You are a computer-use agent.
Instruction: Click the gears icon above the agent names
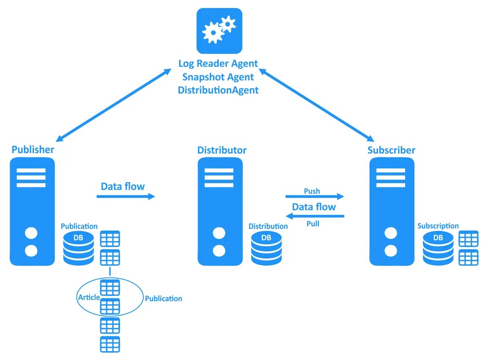(219, 31)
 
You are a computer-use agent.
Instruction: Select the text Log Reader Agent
(218, 64)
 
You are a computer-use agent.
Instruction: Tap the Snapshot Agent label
(218, 77)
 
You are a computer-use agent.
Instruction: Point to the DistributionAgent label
(218, 90)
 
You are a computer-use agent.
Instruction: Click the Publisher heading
(33, 150)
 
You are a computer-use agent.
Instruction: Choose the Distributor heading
(222, 150)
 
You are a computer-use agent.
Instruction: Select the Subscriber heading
(391, 150)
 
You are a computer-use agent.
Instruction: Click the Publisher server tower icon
(32, 211)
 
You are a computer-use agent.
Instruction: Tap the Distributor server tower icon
(219, 211)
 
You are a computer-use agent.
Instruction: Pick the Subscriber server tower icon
(391, 211)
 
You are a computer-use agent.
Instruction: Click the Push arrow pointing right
(315, 196)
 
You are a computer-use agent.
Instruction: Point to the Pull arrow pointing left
(315, 216)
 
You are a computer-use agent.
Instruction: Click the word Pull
(313, 224)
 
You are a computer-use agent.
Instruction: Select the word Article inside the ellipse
(88, 297)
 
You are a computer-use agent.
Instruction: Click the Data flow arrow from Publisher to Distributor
(126, 196)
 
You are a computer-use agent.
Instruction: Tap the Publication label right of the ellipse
(163, 299)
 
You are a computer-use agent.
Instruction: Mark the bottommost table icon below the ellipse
(110, 344)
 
